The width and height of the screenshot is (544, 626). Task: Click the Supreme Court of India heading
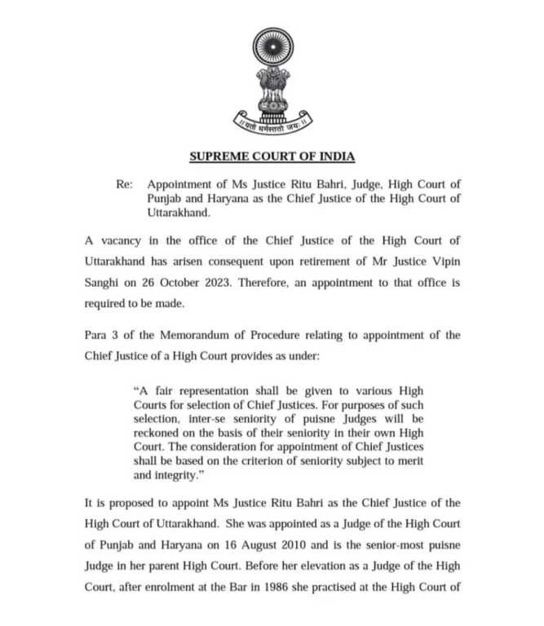click(x=272, y=156)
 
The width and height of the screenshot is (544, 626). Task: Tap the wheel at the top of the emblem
click(x=272, y=48)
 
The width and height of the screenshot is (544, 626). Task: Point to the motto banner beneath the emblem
click(x=272, y=123)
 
